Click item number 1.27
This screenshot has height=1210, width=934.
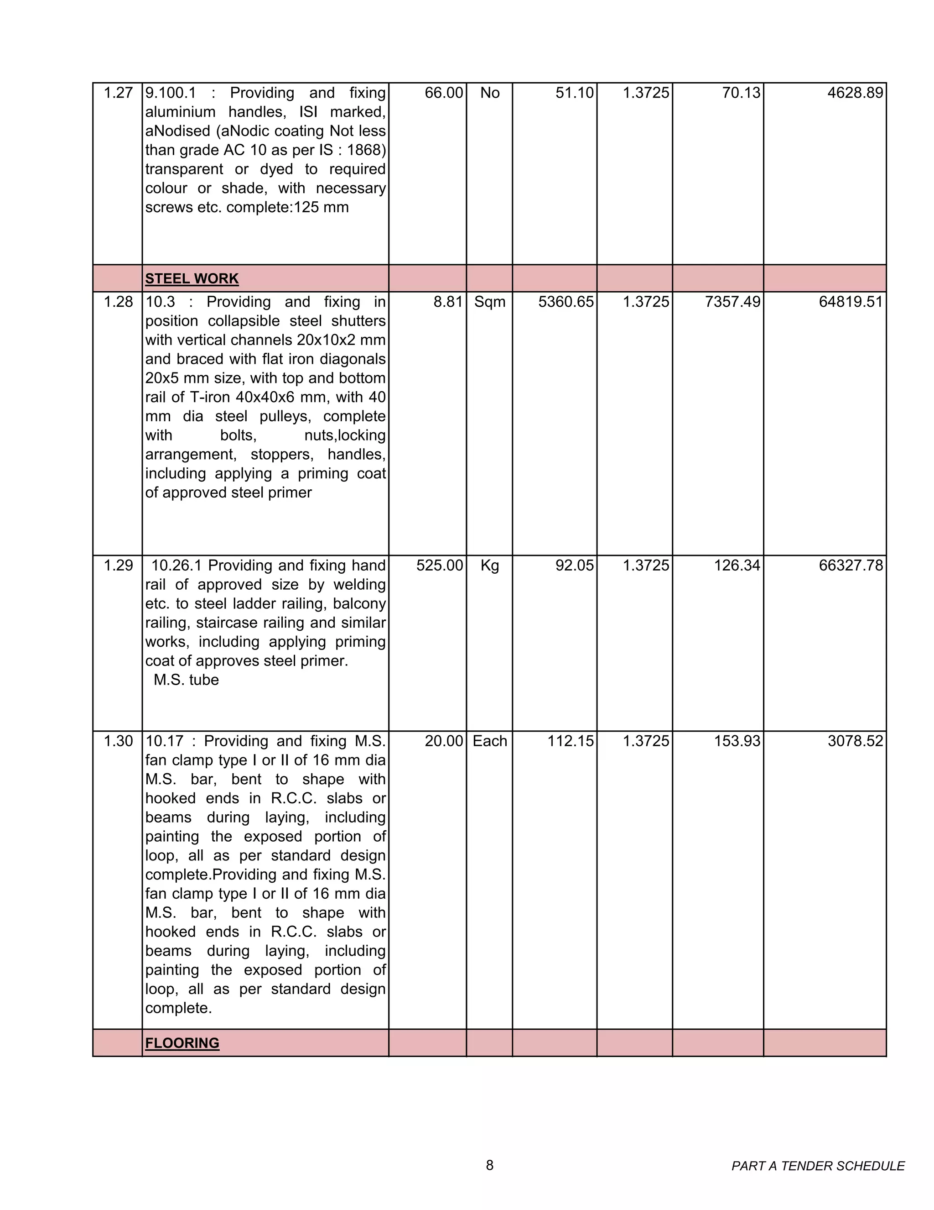coord(118,93)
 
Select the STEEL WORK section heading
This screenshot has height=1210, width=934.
coord(192,279)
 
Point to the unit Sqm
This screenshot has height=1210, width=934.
coord(489,302)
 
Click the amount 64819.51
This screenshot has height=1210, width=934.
coord(851,302)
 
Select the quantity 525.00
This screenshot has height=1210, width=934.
coord(439,566)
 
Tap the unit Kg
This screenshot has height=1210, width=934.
coord(489,566)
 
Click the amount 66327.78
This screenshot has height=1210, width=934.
coord(851,566)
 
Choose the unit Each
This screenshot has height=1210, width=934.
coord(489,741)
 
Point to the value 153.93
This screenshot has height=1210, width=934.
coord(737,741)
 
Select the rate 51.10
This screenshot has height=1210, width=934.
coord(574,93)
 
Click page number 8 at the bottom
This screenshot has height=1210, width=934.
coord(489,1165)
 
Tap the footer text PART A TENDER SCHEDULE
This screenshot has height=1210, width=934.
coord(818,1166)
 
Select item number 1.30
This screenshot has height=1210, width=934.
coord(118,741)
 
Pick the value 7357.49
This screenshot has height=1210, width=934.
coord(732,302)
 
